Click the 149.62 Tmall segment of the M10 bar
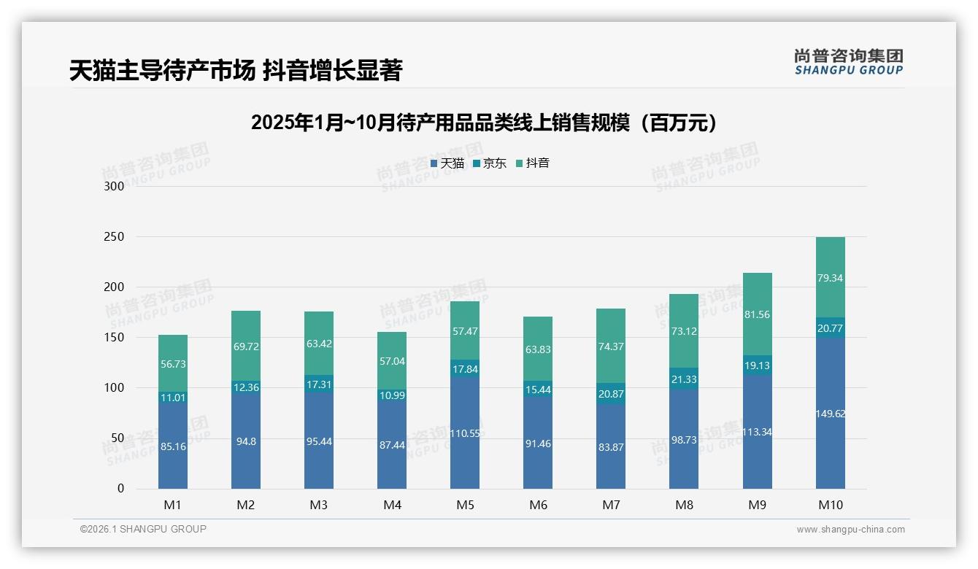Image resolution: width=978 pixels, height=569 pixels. pyautogui.click(x=830, y=414)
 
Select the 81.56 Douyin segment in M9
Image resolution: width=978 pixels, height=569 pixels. pyautogui.click(x=757, y=314)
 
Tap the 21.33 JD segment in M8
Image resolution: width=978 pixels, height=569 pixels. pyautogui.click(x=684, y=379)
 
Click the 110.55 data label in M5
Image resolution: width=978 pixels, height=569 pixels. pyautogui.click(x=465, y=433)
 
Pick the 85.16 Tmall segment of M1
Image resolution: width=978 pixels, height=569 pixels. pyautogui.click(x=173, y=446)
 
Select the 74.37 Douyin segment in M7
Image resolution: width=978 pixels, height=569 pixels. pyautogui.click(x=611, y=347)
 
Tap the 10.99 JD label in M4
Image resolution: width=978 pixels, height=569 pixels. pyautogui.click(x=392, y=395)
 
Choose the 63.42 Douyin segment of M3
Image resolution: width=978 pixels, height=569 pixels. pyautogui.click(x=319, y=344)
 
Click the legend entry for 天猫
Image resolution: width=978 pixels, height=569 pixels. pyautogui.click(x=447, y=163)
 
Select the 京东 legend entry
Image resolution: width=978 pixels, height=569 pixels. pyautogui.click(x=490, y=163)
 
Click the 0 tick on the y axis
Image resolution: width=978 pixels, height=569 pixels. pyautogui.click(x=120, y=489)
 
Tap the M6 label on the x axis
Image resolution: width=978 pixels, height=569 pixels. pyautogui.click(x=538, y=505)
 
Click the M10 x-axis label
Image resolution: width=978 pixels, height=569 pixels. pyautogui.click(x=830, y=505)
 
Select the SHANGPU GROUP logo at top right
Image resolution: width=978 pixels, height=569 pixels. pyautogui.click(x=848, y=62)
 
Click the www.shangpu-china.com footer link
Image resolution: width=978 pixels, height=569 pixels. pyautogui.click(x=850, y=530)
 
